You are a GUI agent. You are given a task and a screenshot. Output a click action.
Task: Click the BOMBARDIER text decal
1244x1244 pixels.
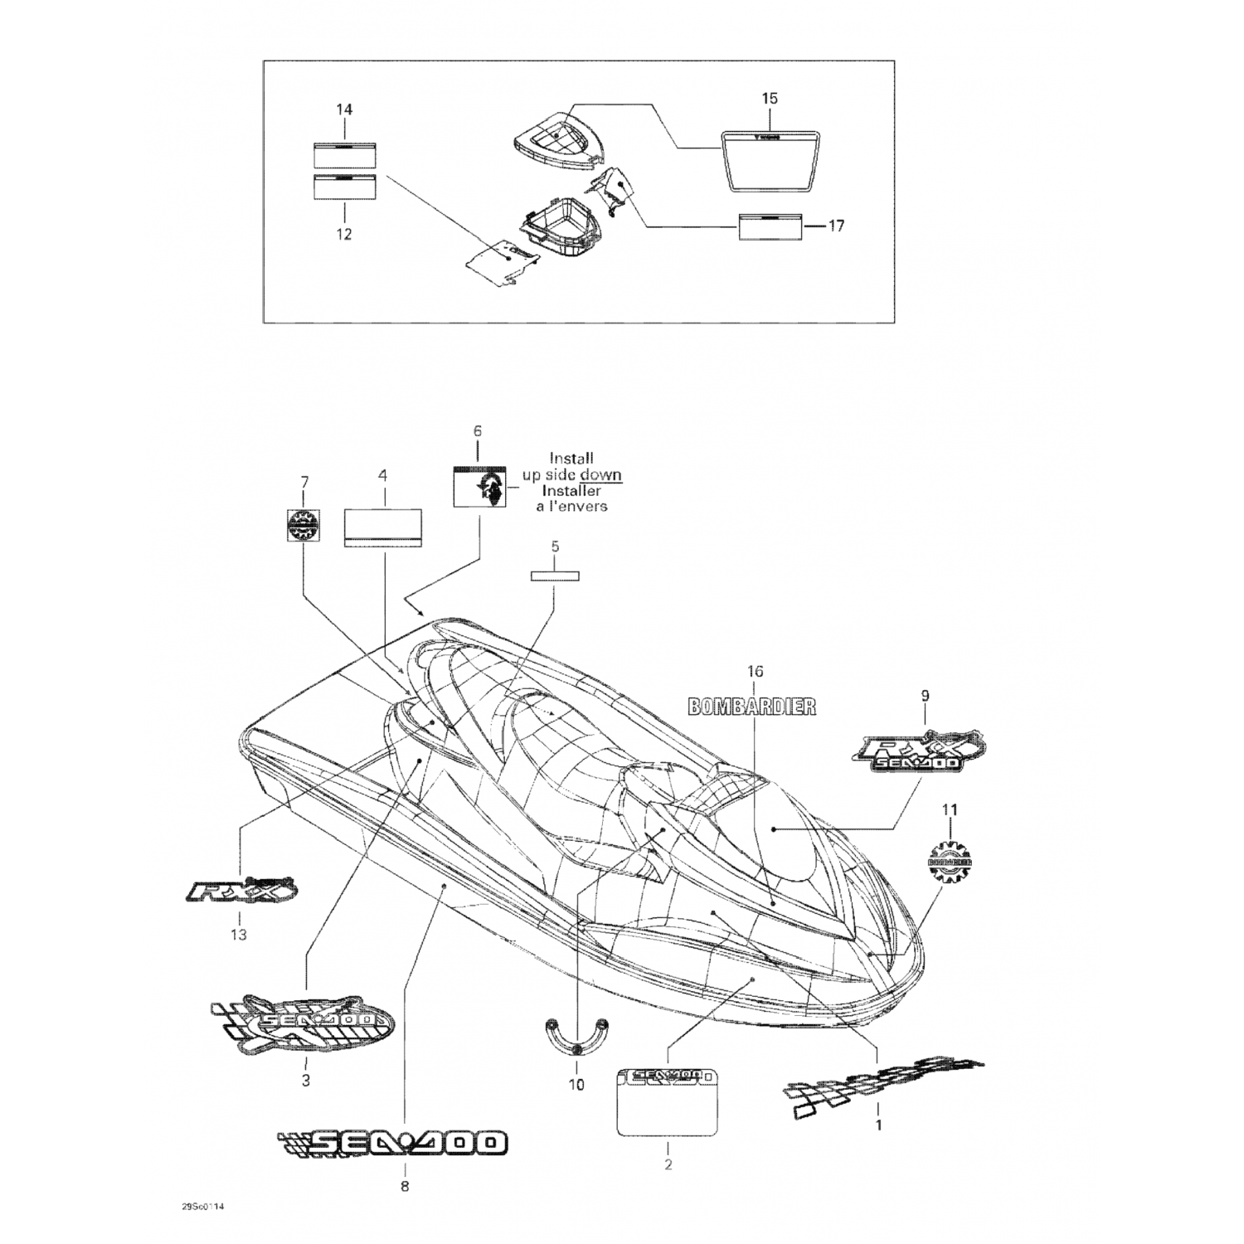(752, 706)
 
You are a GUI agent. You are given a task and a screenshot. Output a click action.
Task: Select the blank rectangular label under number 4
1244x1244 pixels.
(382, 527)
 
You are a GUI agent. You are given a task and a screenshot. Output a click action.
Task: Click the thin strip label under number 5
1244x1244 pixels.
(555, 576)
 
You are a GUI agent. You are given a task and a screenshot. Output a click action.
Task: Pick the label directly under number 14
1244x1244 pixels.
(344, 154)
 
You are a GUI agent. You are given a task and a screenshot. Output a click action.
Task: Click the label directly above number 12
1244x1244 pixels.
(344, 188)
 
